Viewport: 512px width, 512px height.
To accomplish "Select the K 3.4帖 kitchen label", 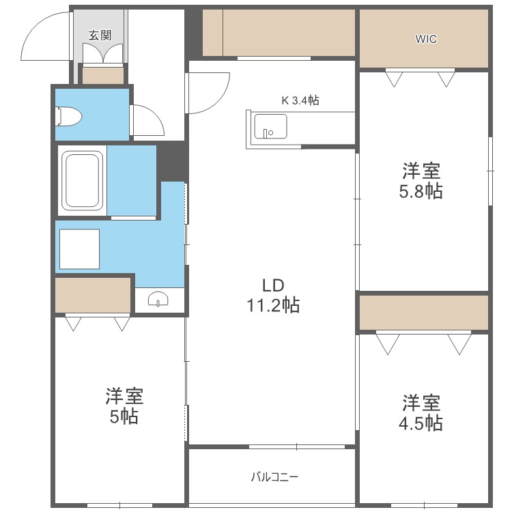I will (x=300, y=100).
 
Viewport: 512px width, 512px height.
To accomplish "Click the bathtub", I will (x=83, y=180).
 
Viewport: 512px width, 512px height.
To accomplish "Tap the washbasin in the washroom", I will (x=159, y=300).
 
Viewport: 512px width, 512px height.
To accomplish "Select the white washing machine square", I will (x=79, y=249).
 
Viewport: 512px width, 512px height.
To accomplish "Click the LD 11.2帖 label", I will (x=272, y=295).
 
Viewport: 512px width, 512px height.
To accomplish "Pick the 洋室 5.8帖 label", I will (x=421, y=180).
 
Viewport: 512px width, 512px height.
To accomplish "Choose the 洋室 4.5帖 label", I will (x=421, y=412).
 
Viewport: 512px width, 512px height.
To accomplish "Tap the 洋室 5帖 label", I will (x=124, y=406).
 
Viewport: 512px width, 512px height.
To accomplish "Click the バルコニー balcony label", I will (x=274, y=477).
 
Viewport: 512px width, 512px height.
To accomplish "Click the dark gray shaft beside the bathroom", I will (x=173, y=160).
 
